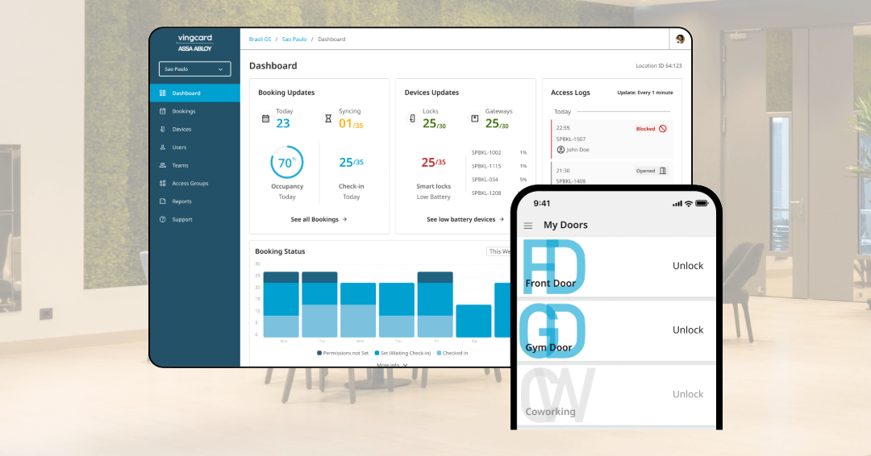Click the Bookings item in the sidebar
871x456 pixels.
(x=183, y=111)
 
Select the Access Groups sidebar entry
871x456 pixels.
(x=190, y=184)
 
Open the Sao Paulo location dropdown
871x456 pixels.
(x=194, y=69)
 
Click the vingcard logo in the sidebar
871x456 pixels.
(x=194, y=43)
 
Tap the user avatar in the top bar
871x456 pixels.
(x=680, y=39)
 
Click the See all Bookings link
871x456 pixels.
(x=319, y=219)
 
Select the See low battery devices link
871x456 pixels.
(x=465, y=219)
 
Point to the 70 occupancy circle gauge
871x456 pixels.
(x=286, y=163)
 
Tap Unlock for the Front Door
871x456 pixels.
(x=688, y=266)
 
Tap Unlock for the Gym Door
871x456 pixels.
(x=688, y=330)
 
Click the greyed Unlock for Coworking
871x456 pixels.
(x=688, y=395)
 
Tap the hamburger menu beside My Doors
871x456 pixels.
(x=528, y=226)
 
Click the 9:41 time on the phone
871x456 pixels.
(x=542, y=204)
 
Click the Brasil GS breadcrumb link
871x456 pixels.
(x=259, y=39)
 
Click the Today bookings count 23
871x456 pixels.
(x=283, y=123)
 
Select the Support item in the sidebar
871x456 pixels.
(x=181, y=219)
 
